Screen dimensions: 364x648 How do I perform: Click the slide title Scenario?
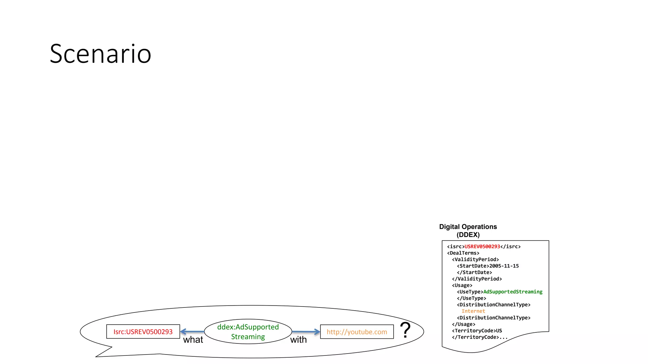[101, 54]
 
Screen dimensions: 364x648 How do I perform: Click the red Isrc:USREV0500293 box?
[143, 332]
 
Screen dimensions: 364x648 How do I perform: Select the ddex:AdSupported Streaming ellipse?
[248, 331]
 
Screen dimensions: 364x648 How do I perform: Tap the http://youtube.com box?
[357, 332]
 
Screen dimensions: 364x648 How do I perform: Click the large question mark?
[405, 330]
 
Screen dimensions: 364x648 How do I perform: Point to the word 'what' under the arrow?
[193, 340]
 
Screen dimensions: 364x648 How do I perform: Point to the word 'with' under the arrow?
[298, 340]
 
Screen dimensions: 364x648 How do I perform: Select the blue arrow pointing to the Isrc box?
[192, 331]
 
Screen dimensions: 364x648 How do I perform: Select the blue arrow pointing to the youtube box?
[306, 331]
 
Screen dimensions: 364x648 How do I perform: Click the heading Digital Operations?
[468, 227]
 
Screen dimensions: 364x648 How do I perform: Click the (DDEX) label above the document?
[468, 235]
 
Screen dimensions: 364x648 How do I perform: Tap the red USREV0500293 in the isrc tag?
[482, 246]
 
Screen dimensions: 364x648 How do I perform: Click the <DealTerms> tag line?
[463, 253]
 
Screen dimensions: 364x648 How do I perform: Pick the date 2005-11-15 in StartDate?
[504, 266]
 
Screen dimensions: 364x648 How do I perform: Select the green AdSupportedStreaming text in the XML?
[513, 292]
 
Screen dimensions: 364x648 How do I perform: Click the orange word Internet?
[473, 311]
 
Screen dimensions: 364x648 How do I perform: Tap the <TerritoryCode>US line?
[477, 331]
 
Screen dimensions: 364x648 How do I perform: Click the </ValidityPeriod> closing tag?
[477, 279]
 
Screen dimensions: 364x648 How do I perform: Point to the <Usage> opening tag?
[462, 285]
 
